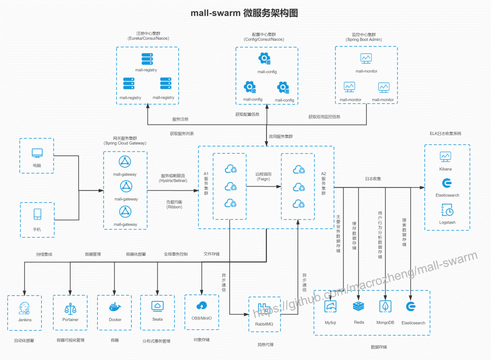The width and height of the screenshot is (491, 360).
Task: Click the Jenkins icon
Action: tap(24, 308)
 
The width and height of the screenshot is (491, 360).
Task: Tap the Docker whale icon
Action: tap(115, 307)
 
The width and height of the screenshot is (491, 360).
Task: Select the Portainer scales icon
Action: tap(70, 309)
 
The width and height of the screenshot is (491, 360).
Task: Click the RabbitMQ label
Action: tap(264, 324)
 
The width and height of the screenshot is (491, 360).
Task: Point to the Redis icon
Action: tap(359, 306)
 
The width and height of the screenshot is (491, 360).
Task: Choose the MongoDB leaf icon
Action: tap(385, 306)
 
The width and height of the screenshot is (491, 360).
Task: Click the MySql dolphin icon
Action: tap(331, 307)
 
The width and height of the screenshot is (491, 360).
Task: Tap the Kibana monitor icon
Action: tap(445, 156)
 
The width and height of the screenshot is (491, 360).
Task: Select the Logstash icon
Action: tap(447, 210)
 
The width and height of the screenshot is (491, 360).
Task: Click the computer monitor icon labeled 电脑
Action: tap(37, 153)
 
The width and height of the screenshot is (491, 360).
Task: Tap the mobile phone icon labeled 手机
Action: tap(37, 215)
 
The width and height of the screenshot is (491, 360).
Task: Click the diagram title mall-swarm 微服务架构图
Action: tap(244, 13)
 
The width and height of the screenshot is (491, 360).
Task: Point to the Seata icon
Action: tap(157, 306)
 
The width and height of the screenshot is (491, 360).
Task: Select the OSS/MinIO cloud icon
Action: tap(201, 305)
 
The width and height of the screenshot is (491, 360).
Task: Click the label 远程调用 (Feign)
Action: tap(263, 176)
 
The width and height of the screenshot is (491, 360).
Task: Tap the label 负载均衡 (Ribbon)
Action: tap(175, 205)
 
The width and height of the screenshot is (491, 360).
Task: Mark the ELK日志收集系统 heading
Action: tap(445, 134)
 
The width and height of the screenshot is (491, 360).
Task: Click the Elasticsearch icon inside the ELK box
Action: tap(447, 183)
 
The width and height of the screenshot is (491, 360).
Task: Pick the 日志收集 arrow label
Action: tap(373, 179)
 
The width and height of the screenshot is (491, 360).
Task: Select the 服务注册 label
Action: tap(180, 119)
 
